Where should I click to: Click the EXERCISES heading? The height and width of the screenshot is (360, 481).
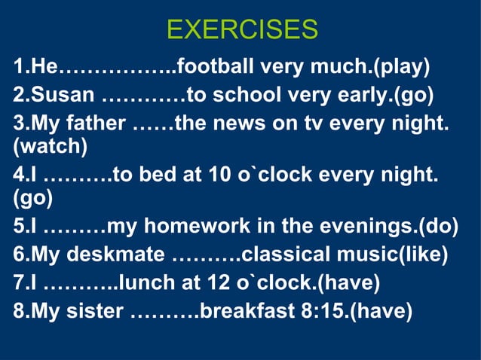click(x=241, y=29)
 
